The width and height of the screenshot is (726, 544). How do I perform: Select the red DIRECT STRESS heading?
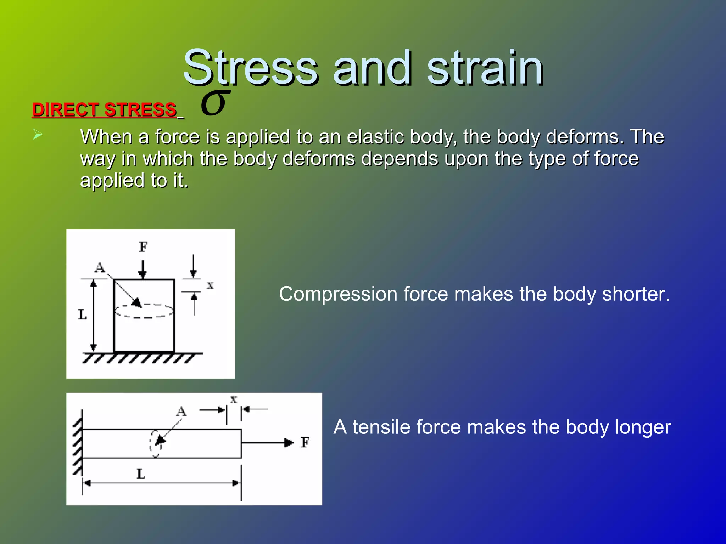click(104, 109)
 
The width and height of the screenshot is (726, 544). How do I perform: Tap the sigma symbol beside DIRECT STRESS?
click(214, 103)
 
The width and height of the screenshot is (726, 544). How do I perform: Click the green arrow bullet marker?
click(37, 135)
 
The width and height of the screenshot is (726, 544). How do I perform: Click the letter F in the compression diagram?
click(143, 247)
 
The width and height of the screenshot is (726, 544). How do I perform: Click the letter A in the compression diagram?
click(100, 267)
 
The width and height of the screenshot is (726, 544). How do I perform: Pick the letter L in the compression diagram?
click(82, 314)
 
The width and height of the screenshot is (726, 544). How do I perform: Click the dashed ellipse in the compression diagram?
click(144, 311)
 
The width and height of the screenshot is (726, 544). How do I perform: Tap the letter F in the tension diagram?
click(305, 442)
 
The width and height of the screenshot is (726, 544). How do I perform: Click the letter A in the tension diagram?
click(181, 412)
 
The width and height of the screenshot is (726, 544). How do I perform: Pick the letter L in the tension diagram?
click(141, 474)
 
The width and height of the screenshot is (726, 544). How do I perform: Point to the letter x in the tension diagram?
click(233, 400)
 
